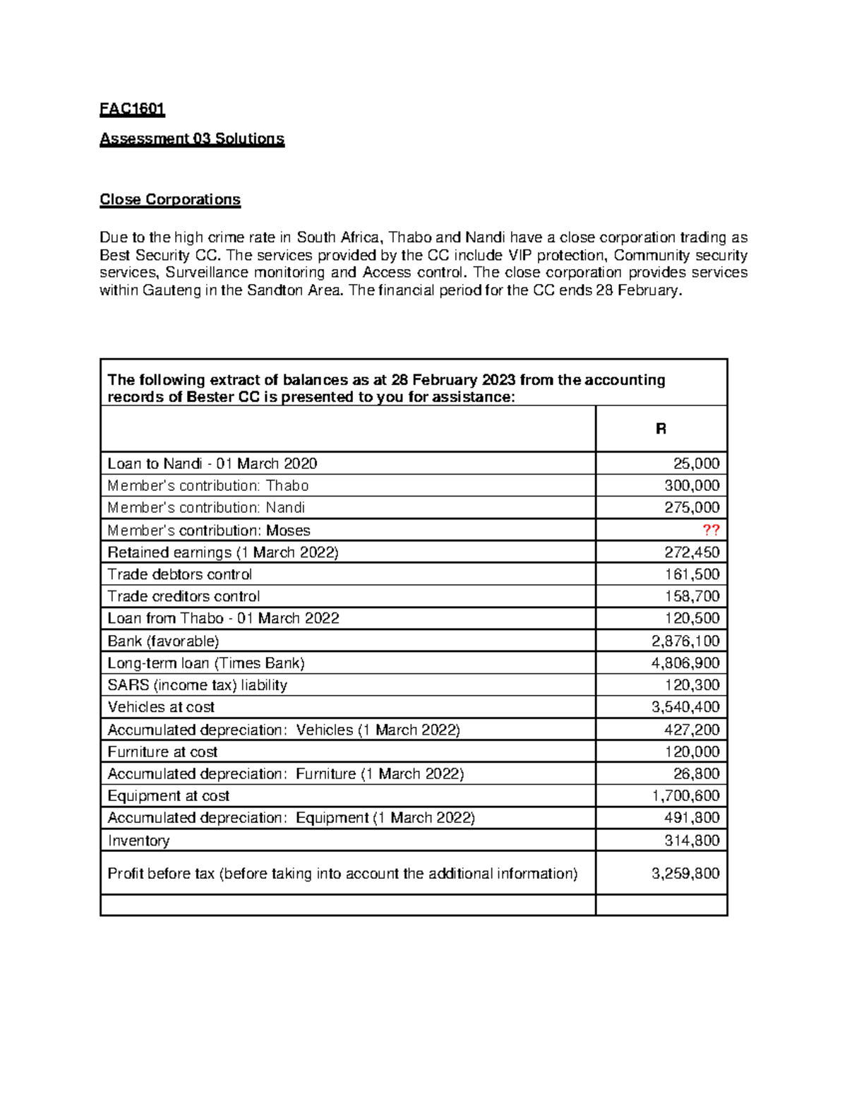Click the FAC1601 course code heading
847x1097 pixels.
coord(132,109)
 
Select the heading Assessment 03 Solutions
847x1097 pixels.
coord(192,138)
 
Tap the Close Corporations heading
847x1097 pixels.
coord(170,199)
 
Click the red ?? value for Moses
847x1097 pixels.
coord(710,530)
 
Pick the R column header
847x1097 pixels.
coord(661,429)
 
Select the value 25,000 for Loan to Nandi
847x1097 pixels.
coord(696,463)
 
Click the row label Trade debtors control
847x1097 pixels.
coord(179,574)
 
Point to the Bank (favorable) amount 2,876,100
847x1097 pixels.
coord(685,641)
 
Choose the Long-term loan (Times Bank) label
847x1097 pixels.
coord(206,663)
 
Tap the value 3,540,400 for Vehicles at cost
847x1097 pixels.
coord(685,707)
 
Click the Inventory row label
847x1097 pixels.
coord(138,840)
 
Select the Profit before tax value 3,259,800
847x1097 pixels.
coord(685,873)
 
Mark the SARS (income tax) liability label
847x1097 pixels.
coord(197,685)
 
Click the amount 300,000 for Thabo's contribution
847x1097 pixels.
coord(692,485)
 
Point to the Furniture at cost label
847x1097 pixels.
coord(162,752)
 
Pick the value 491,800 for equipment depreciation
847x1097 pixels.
coord(692,817)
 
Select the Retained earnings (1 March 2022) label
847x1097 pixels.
coord(223,552)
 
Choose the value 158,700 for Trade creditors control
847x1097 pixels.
coord(692,596)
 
